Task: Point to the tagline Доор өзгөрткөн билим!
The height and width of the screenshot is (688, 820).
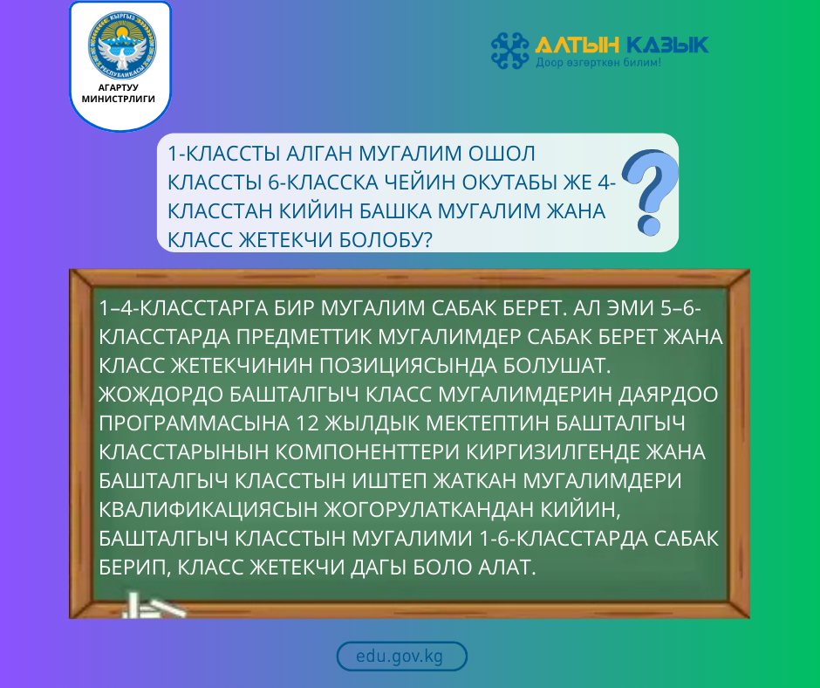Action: pyautogui.click(x=598, y=64)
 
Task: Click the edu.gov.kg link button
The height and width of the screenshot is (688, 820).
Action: pyautogui.click(x=401, y=657)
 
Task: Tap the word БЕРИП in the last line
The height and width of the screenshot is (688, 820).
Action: pyautogui.click(x=134, y=567)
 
